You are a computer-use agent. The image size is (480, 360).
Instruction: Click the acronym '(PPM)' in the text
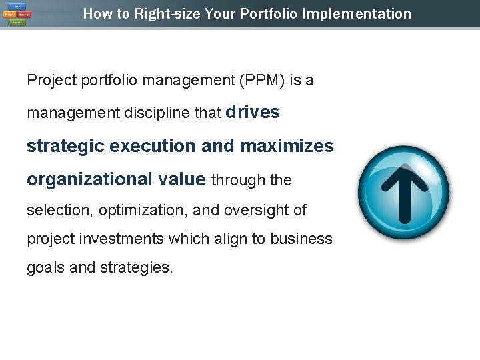[x=257, y=81]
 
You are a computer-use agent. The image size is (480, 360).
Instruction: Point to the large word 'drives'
[x=253, y=112]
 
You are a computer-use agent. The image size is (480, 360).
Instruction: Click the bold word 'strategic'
[x=64, y=146]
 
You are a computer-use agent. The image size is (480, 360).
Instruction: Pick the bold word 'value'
[x=183, y=179]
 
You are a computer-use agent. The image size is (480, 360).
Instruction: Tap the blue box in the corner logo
[x=17, y=7]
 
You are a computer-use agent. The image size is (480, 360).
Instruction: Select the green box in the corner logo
[x=17, y=22]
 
